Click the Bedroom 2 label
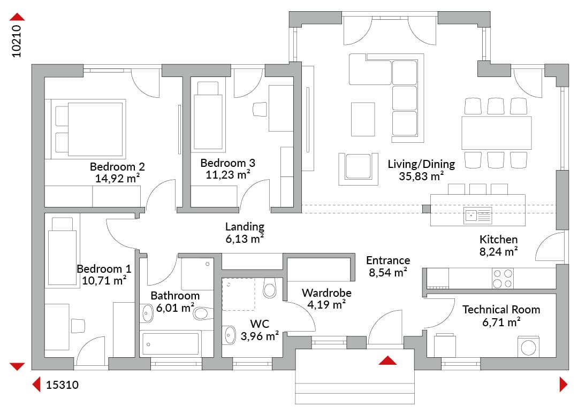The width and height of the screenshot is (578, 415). pos(117,166)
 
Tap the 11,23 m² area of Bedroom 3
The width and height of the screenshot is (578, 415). pos(228,174)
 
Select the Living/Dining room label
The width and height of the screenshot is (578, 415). pos(421,164)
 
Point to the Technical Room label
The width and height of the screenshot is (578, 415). pos(501,309)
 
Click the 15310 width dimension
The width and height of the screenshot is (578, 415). pos(62,385)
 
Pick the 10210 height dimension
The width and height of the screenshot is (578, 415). pos(17,41)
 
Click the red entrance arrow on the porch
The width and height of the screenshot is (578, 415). pos(387,360)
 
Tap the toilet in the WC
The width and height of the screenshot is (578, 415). pos(270,288)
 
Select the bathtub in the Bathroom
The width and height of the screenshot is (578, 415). pos(171,343)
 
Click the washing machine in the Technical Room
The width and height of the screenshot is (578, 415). pos(528,347)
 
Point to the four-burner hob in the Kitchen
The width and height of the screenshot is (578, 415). pos(503,279)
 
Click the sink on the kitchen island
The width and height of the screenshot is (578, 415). pos(477,216)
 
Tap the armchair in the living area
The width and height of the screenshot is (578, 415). pos(358,168)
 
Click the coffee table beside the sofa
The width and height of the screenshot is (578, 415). pos(363,119)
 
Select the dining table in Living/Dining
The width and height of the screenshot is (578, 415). pos(497,133)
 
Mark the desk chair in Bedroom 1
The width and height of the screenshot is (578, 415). pos(78,326)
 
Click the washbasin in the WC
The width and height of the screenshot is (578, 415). pos(230,335)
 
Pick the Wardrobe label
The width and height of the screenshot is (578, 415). pos(326,293)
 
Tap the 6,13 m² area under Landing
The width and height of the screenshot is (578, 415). pos(245,239)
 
